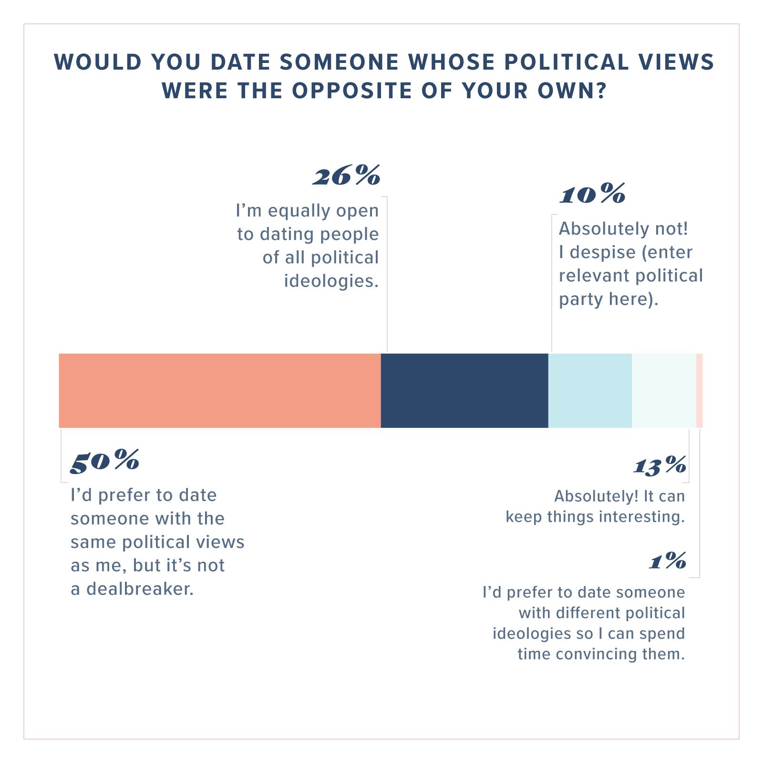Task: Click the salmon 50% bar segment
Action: [x=219, y=391]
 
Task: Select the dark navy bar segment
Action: [x=464, y=391]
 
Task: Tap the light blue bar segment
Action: [x=590, y=391]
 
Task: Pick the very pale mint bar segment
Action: [x=664, y=391]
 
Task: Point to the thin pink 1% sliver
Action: [x=700, y=391]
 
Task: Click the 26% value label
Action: [x=347, y=177]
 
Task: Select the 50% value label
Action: [x=105, y=461]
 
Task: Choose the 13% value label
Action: [x=660, y=465]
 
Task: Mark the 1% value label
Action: [x=668, y=561]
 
